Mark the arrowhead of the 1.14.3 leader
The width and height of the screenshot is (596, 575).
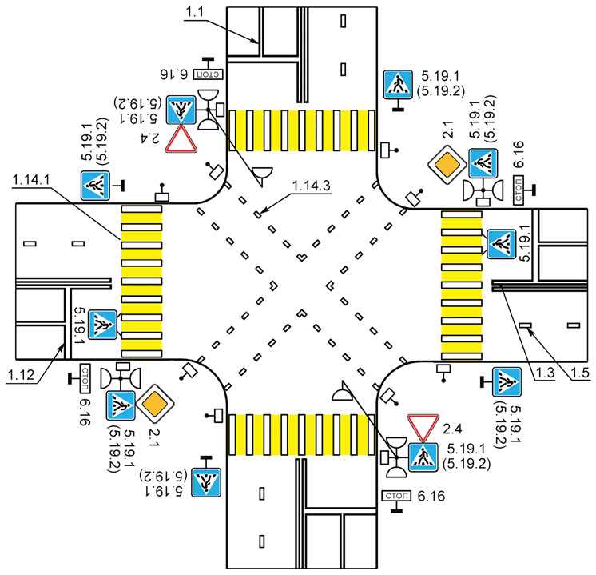point(260,214)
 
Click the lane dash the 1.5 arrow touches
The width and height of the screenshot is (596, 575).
point(525,325)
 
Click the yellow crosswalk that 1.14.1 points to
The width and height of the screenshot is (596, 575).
point(141,281)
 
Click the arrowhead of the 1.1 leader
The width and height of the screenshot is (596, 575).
point(257,42)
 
